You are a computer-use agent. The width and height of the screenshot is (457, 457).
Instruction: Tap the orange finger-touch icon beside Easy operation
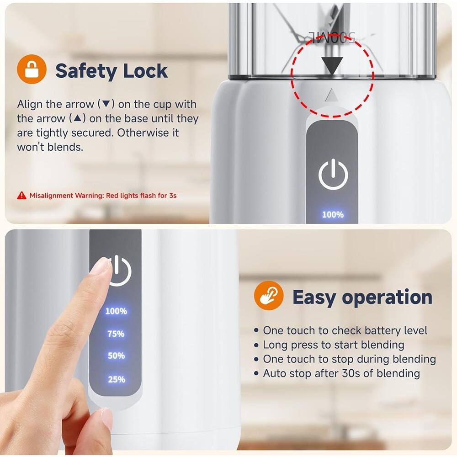pyautogui.click(x=269, y=296)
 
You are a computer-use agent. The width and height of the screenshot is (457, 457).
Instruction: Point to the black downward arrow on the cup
pyautogui.click(x=332, y=65)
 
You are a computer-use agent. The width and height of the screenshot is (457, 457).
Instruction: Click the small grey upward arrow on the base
pyautogui.click(x=332, y=96)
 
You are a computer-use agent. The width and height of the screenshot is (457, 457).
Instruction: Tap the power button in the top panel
pyautogui.click(x=333, y=174)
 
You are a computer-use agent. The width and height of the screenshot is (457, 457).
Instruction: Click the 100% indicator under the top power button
pyautogui.click(x=333, y=214)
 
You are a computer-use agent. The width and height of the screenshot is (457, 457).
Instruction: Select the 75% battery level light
pyautogui.click(x=116, y=334)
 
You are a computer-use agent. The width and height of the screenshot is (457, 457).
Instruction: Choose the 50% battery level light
pyautogui.click(x=116, y=356)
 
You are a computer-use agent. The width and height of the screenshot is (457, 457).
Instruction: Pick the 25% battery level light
pyautogui.click(x=116, y=379)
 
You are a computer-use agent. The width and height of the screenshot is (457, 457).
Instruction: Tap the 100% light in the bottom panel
pyautogui.click(x=116, y=311)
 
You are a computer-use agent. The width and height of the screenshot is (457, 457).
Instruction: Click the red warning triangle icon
pyautogui.click(x=21, y=195)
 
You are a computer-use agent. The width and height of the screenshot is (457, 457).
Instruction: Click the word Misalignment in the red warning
pyautogui.click(x=51, y=196)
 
